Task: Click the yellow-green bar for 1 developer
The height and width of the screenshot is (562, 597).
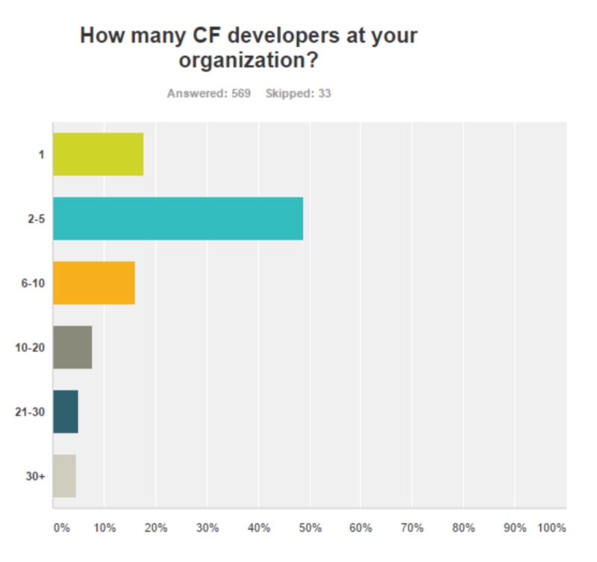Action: [98, 154]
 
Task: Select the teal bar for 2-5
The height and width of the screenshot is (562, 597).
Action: [178, 219]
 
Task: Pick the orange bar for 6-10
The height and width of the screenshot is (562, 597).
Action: [94, 283]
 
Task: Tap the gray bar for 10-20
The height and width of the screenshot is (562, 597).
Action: [72, 347]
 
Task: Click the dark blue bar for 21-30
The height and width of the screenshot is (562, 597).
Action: [66, 411]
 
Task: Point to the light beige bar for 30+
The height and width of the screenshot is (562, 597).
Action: [64, 475]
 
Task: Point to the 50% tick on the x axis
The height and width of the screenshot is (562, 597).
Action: [310, 528]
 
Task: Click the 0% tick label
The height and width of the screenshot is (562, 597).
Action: [62, 528]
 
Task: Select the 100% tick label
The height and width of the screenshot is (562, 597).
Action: [552, 528]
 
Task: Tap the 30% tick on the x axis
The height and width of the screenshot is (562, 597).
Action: [207, 528]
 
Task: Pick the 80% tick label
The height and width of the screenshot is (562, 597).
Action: [463, 528]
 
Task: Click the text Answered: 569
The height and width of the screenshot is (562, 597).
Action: [209, 94]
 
